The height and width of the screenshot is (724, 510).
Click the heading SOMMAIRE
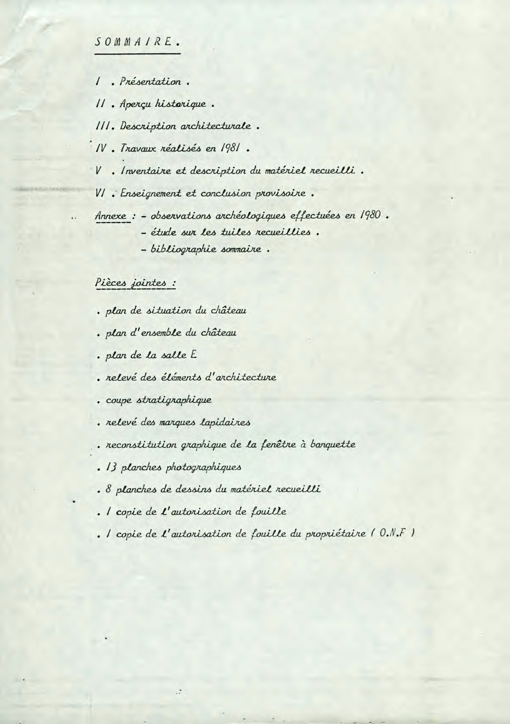pyautogui.click(x=137, y=42)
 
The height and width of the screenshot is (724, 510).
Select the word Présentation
pyautogui.click(x=150, y=82)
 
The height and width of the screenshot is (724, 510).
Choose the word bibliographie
pyautogui.click(x=181, y=250)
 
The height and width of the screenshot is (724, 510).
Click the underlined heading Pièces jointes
pyautogui.click(x=135, y=283)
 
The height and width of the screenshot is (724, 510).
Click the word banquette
pyautogui.click(x=332, y=445)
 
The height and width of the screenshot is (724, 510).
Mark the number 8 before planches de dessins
pyautogui.click(x=108, y=489)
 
